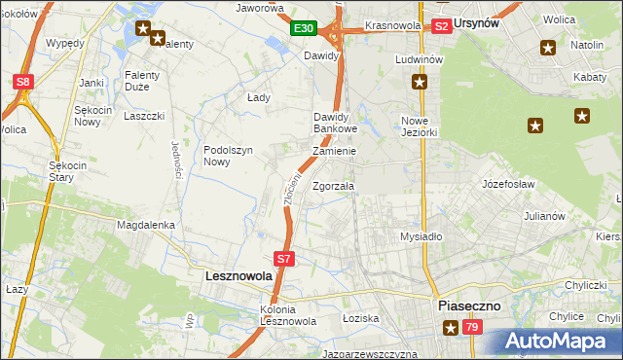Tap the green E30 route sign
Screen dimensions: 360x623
pos(303,29)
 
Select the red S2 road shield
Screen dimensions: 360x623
pos(441,26)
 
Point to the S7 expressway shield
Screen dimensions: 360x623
pos(282,259)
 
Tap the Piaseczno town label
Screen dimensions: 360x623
pos(469,305)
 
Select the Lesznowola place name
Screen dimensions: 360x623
pos(238,276)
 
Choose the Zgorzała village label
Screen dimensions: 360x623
pos(334,186)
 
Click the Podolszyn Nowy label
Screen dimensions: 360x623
pos(229,156)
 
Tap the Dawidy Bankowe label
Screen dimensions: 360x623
pos(336,123)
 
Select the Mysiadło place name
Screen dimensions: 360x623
pos(421,236)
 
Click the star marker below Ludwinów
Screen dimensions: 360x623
pos(419,83)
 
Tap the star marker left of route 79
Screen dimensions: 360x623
pos(451,328)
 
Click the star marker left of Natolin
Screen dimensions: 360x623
pos(548,47)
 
